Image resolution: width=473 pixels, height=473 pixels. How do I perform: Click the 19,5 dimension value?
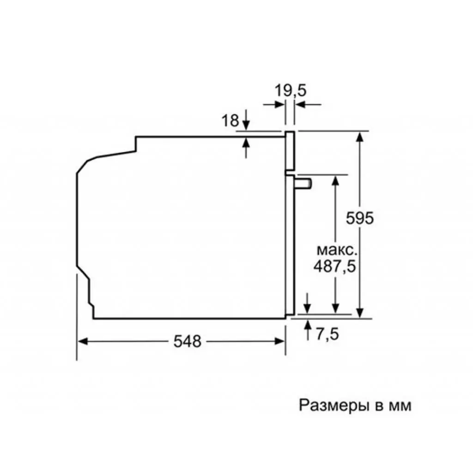[x=291, y=91]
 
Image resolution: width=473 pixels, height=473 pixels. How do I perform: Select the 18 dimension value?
[x=230, y=121]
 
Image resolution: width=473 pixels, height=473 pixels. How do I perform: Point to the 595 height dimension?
[x=359, y=218]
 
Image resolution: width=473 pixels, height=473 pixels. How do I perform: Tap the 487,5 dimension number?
[x=335, y=267]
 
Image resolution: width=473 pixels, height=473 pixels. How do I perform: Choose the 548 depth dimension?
[x=188, y=341]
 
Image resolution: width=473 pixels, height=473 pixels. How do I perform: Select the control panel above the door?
[x=290, y=151]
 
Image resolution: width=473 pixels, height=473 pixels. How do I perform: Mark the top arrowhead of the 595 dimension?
[x=360, y=137]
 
